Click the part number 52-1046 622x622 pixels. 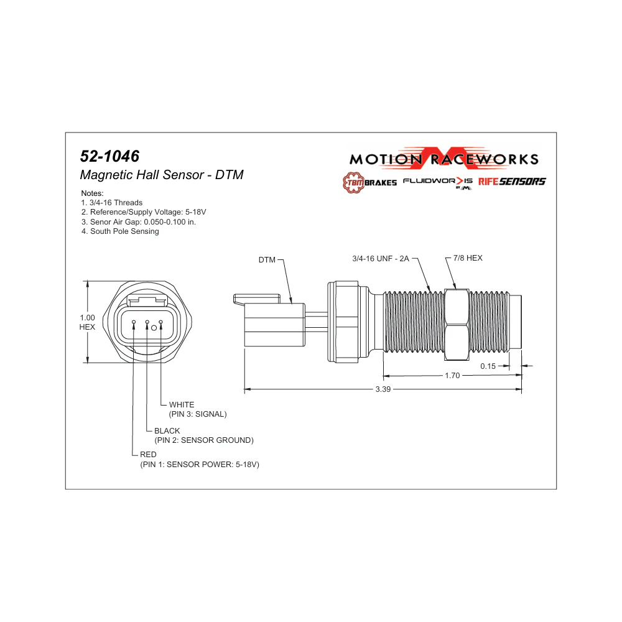pyautogui.click(x=109, y=156)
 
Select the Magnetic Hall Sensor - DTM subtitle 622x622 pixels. pyautogui.click(x=162, y=175)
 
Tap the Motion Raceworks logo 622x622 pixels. pyautogui.click(x=443, y=159)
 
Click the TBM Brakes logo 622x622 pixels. pyautogui.click(x=369, y=182)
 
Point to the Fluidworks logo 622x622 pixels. pyautogui.click(x=438, y=182)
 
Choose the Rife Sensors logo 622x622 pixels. pyautogui.click(x=512, y=182)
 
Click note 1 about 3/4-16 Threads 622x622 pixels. pyautogui.click(x=112, y=203)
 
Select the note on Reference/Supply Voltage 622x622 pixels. pyautogui.click(x=143, y=212)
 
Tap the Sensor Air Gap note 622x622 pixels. pyautogui.click(x=138, y=221)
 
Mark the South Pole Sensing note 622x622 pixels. pyautogui.click(x=120, y=231)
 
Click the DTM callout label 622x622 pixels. pyautogui.click(x=267, y=260)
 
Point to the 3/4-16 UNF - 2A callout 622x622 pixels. pyautogui.click(x=381, y=258)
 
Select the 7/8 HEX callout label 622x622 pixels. pyautogui.click(x=468, y=258)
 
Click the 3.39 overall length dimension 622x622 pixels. pyautogui.click(x=383, y=390)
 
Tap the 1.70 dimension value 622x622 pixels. pyautogui.click(x=452, y=376)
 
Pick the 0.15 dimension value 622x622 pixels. pyautogui.click(x=488, y=366)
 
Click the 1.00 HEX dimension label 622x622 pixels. pyautogui.click(x=87, y=322)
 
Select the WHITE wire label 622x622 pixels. pyautogui.click(x=182, y=405)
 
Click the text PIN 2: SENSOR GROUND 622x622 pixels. pyautogui.click(x=204, y=440)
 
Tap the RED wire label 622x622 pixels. pyautogui.click(x=148, y=455)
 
